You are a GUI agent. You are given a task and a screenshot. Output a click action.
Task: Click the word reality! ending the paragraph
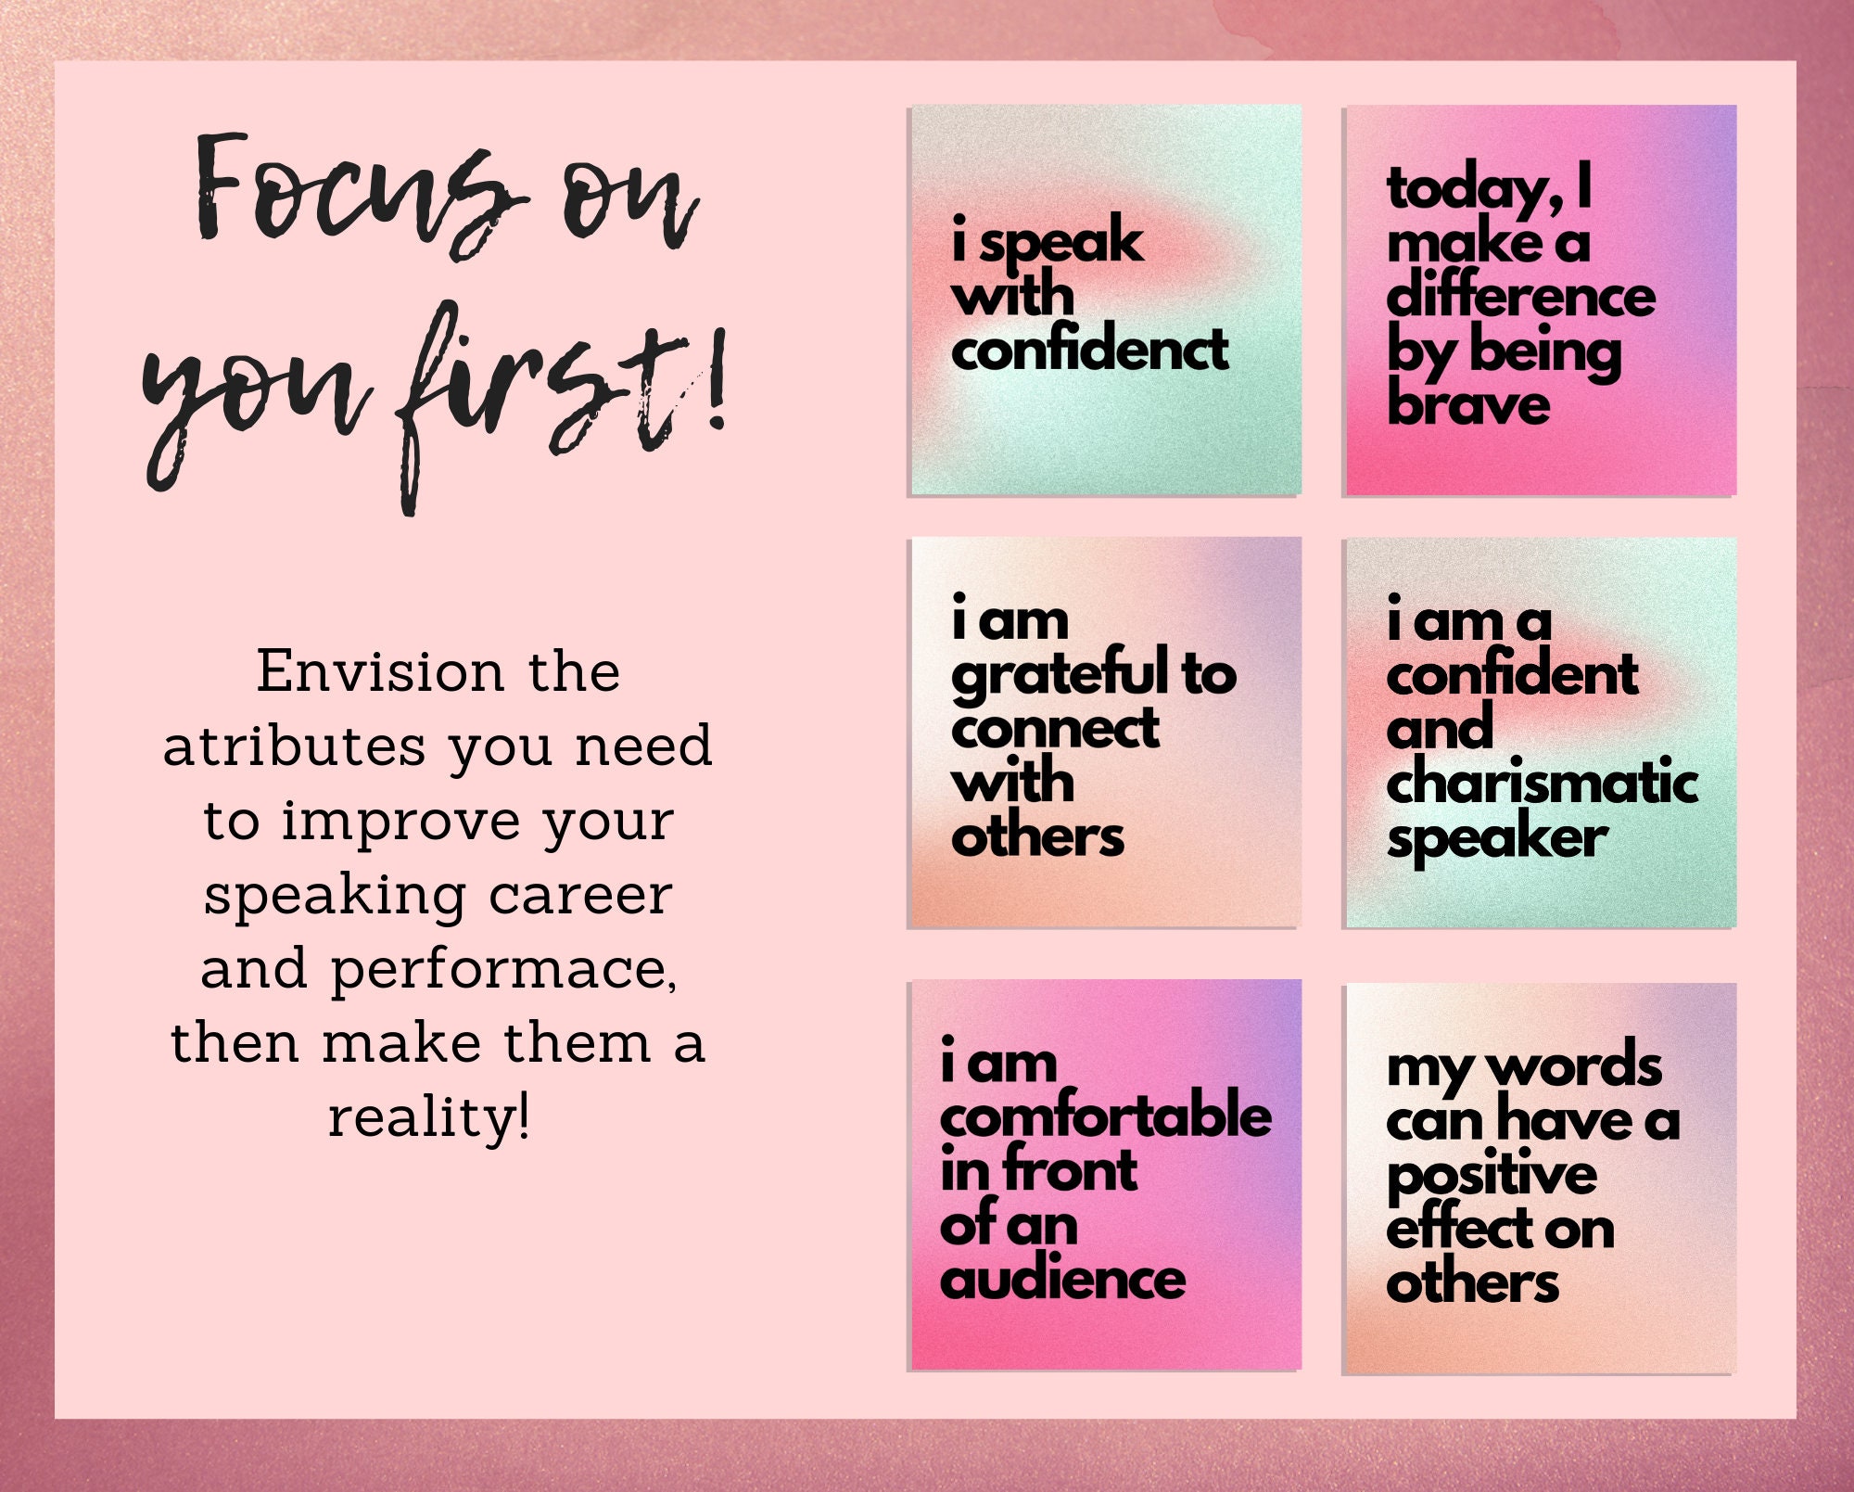[429, 1118]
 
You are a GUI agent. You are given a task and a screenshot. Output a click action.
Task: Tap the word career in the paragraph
[580, 896]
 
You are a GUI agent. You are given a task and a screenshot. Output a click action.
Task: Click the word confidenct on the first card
[1089, 350]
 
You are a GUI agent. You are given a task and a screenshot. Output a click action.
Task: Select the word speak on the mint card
[1061, 243]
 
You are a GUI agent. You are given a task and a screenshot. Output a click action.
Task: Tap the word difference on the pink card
[1520, 297]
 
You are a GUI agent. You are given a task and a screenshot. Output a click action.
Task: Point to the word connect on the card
[1054, 729]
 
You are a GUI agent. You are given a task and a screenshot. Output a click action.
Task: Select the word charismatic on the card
[1542, 783]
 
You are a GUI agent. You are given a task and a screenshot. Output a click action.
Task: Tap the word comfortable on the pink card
[1105, 1116]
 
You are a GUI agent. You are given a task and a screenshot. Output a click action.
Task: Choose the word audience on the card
[1062, 1280]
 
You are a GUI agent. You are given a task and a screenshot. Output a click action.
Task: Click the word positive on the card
[1492, 1176]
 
